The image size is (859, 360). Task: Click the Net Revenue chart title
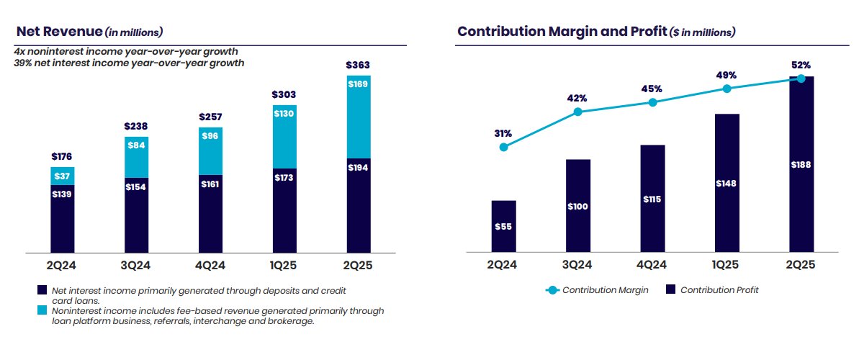[x=89, y=32]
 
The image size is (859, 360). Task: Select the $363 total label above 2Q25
[x=358, y=66]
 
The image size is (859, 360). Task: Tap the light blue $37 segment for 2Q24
[x=63, y=176]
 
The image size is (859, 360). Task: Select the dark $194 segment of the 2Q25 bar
[x=358, y=205]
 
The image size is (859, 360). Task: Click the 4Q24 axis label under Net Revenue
[x=210, y=266]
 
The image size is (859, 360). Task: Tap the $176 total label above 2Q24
[x=63, y=156]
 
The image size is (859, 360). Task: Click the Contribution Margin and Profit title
[x=595, y=32]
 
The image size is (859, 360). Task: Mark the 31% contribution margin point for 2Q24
[x=503, y=147]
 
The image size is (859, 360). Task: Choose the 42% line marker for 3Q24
[x=577, y=112]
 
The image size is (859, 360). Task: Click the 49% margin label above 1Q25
[x=727, y=75]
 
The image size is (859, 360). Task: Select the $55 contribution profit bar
[x=503, y=226]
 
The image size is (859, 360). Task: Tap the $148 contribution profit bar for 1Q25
[x=727, y=183]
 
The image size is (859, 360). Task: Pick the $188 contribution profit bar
[x=801, y=164]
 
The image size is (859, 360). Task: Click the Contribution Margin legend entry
[x=597, y=290]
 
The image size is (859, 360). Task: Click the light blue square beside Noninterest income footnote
[x=42, y=310]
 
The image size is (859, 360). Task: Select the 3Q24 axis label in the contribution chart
[x=577, y=266]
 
